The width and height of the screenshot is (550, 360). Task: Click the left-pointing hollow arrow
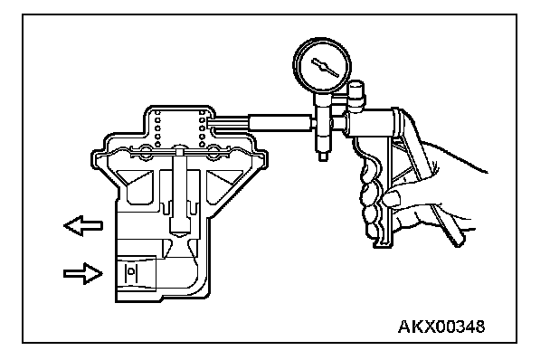(x=83, y=225)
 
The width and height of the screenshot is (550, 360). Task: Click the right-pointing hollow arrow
(x=83, y=273)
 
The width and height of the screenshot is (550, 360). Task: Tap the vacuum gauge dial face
(x=322, y=65)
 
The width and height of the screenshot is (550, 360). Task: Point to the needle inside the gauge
(x=325, y=67)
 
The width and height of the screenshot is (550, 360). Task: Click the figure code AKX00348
(x=441, y=327)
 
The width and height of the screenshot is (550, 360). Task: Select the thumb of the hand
(x=390, y=197)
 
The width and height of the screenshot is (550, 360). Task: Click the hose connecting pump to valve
(x=280, y=123)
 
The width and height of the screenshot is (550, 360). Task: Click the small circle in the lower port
(x=131, y=271)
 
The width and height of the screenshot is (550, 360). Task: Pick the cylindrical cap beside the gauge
(x=356, y=92)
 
